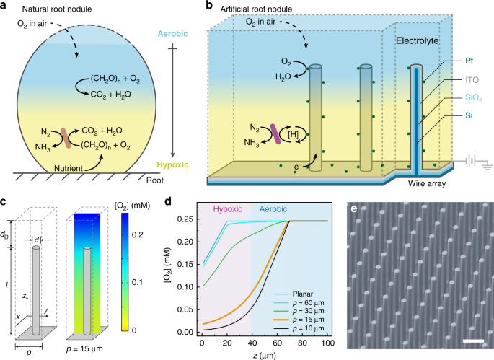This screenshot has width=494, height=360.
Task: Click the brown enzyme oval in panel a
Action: (x=66, y=136)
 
